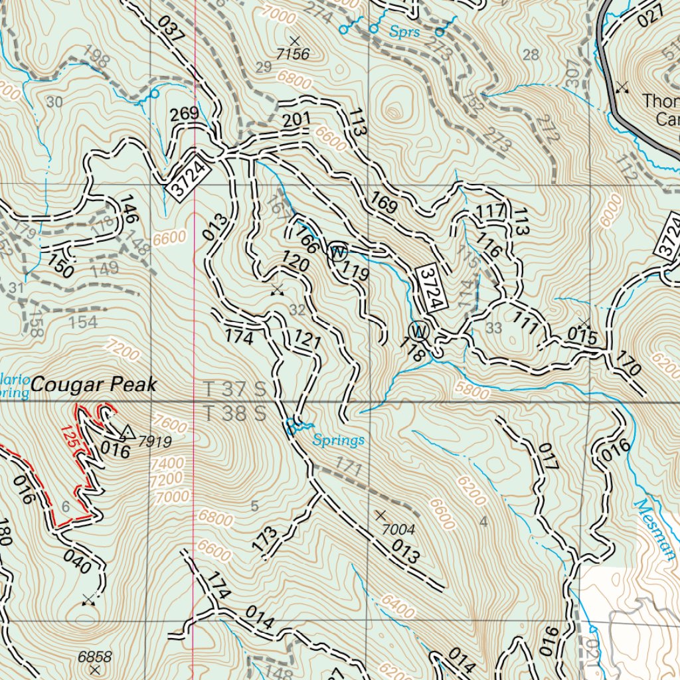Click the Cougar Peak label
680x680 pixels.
(94, 384)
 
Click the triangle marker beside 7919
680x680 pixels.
(129, 433)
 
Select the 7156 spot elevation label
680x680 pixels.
(293, 54)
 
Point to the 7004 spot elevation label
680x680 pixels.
(398, 529)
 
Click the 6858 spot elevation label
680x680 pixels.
(94, 657)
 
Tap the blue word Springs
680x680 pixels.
(339, 440)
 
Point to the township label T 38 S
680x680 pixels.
(234, 413)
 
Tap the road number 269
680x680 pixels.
(184, 114)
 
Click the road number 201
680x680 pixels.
(296, 120)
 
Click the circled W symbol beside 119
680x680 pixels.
(338, 252)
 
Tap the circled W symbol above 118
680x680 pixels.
(419, 330)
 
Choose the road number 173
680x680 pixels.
(266, 538)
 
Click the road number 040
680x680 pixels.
(77, 562)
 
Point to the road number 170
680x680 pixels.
(628, 365)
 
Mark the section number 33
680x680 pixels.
(493, 327)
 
